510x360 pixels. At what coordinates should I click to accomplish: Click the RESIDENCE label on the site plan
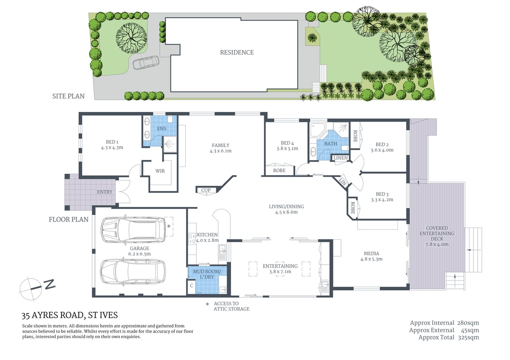(237, 52)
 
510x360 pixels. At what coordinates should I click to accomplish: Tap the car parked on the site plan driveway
(146, 63)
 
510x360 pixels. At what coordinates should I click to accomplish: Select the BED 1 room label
(112, 142)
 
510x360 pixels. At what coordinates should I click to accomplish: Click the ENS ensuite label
(162, 129)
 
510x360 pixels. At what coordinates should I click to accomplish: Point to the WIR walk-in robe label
(160, 171)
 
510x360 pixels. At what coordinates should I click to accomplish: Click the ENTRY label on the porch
(105, 192)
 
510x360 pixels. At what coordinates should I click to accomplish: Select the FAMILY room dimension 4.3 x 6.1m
(221, 151)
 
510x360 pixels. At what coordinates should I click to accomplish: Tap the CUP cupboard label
(206, 190)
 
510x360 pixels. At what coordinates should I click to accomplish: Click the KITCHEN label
(208, 234)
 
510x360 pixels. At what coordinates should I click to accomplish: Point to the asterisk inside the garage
(169, 226)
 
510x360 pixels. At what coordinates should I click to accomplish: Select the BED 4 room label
(288, 142)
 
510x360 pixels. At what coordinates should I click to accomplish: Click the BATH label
(331, 144)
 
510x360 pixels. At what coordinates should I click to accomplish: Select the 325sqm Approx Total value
(469, 337)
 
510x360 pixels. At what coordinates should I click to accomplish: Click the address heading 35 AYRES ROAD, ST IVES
(70, 315)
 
